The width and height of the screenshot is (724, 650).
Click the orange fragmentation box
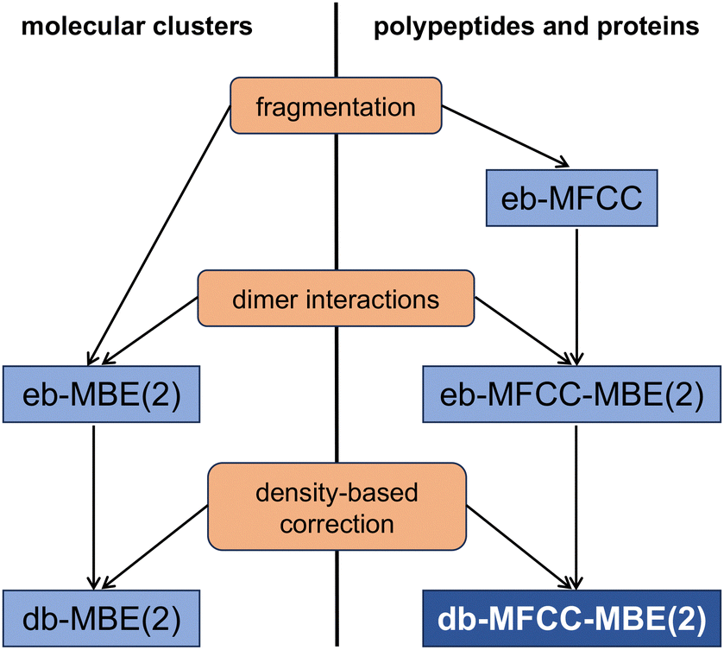click(x=336, y=106)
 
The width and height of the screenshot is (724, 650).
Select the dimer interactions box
click(x=336, y=299)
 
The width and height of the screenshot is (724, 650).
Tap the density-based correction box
click(x=337, y=507)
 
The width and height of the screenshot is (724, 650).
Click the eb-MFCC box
click(x=571, y=198)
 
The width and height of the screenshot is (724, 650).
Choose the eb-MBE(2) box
click(x=101, y=394)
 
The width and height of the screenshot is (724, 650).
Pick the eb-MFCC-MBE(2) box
click(x=571, y=394)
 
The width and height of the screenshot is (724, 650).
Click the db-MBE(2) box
click(x=101, y=618)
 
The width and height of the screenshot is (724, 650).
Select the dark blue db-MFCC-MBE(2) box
click(x=571, y=618)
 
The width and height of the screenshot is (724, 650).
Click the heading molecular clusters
click(x=136, y=26)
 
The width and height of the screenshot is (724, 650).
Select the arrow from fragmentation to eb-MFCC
click(x=505, y=136)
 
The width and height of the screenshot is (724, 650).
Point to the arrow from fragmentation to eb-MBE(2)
click(x=159, y=235)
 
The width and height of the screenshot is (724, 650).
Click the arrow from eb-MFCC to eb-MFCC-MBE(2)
click(x=576, y=297)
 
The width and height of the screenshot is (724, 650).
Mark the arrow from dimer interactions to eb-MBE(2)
click(x=150, y=331)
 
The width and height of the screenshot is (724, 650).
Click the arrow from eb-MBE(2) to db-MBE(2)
click(x=94, y=508)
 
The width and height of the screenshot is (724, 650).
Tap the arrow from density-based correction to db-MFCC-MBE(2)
click(x=521, y=548)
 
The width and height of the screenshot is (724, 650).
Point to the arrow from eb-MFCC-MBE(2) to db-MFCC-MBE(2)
click(x=576, y=508)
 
